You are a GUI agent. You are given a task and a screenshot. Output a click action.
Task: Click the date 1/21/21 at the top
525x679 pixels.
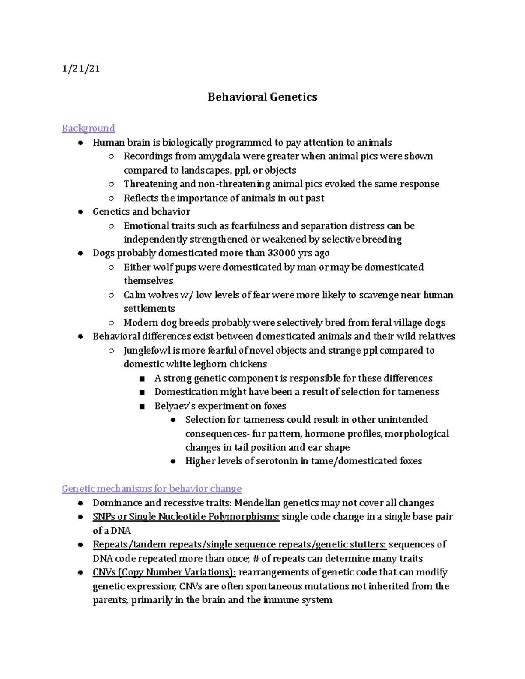(x=81, y=69)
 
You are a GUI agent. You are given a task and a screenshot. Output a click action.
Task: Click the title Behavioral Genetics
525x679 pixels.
(x=262, y=97)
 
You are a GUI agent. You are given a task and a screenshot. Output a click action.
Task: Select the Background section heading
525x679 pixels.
(x=88, y=128)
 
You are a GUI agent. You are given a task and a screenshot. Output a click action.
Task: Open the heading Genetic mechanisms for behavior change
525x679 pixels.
(x=151, y=489)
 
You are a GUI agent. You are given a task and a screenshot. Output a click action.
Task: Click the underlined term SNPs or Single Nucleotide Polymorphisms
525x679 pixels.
(x=186, y=517)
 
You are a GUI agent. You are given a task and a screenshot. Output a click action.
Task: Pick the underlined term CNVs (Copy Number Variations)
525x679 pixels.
(x=164, y=572)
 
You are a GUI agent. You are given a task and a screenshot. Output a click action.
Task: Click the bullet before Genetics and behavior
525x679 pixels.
(x=80, y=212)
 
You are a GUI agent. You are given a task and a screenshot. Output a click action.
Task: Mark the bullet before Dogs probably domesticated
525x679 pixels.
(x=80, y=254)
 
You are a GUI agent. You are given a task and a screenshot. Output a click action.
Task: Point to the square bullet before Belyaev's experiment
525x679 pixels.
(x=142, y=407)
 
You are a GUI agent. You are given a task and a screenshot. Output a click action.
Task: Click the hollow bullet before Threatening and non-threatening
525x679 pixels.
(x=111, y=185)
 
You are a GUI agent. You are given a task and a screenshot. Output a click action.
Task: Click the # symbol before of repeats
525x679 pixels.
(x=256, y=559)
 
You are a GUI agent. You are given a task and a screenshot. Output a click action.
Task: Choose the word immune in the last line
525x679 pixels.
(x=280, y=600)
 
